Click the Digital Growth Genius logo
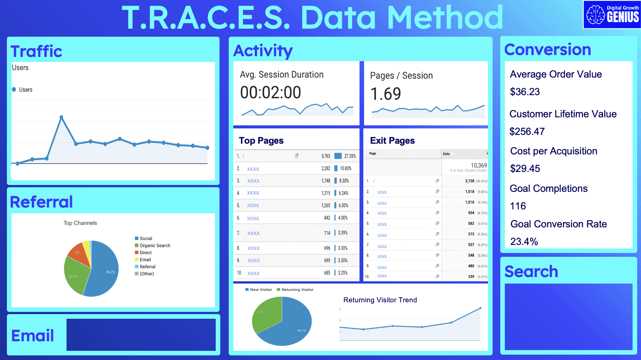click(x=612, y=15)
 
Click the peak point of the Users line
click(x=61, y=117)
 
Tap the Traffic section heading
click(x=36, y=51)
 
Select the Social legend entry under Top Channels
click(x=145, y=238)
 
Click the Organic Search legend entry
click(x=155, y=246)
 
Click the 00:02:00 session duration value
click(x=270, y=92)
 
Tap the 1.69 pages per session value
click(x=386, y=94)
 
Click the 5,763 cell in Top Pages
click(x=325, y=156)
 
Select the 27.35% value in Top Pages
click(x=350, y=156)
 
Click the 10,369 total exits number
click(x=478, y=165)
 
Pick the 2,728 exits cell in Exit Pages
click(x=470, y=181)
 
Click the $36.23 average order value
click(x=525, y=92)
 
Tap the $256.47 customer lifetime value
click(x=527, y=131)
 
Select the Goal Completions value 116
click(x=518, y=206)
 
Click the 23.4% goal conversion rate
click(x=524, y=242)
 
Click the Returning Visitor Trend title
click(x=380, y=300)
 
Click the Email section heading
click(x=33, y=336)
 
